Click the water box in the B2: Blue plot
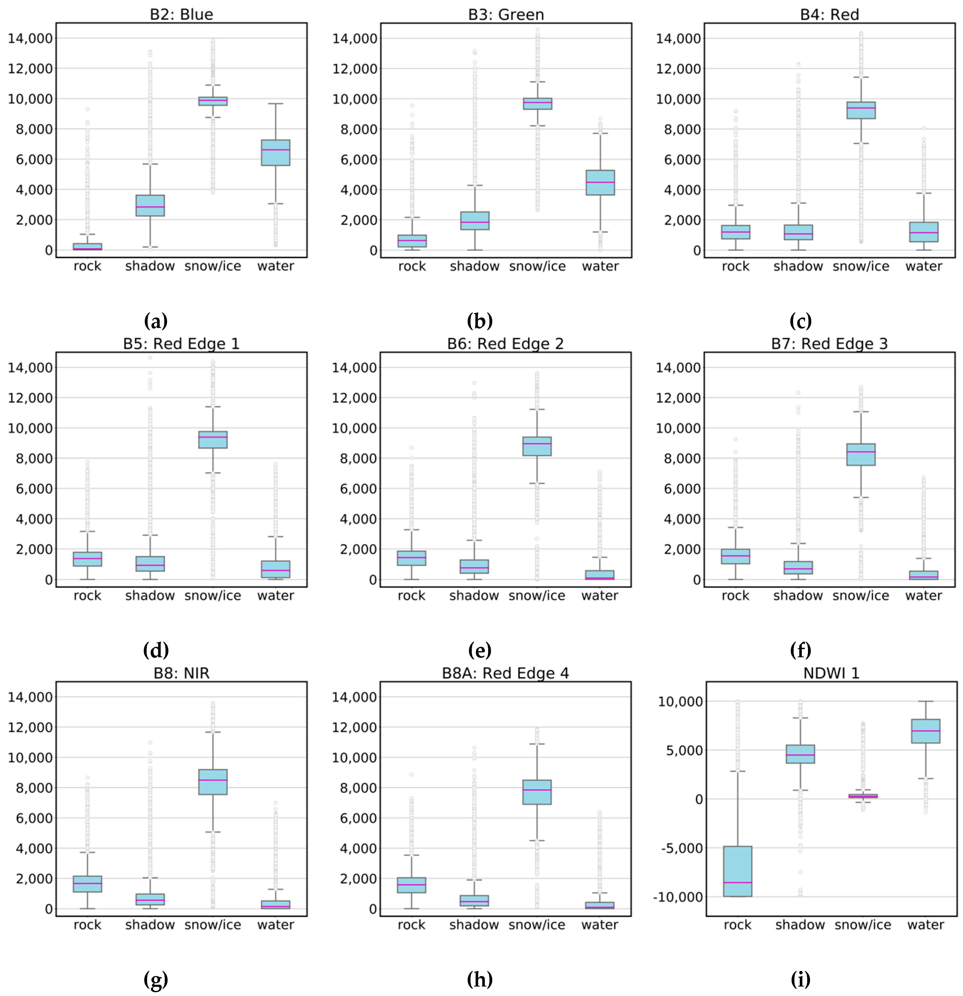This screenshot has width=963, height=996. point(276,152)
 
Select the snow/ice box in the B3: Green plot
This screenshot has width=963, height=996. point(538,104)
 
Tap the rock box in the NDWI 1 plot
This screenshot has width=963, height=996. point(738,871)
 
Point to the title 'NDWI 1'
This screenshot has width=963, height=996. point(831,673)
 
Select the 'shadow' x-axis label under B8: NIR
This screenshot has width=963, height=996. point(150,925)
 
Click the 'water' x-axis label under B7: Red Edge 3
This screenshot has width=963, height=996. point(923,596)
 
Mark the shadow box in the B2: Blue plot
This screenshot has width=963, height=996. point(150,205)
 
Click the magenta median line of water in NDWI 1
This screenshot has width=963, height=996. point(925,731)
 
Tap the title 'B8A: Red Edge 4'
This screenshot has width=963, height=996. point(505,673)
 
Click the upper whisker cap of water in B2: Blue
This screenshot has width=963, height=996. point(276,104)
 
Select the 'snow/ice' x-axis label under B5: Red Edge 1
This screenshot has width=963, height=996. point(213,596)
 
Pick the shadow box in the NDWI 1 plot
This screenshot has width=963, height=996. point(800,754)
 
